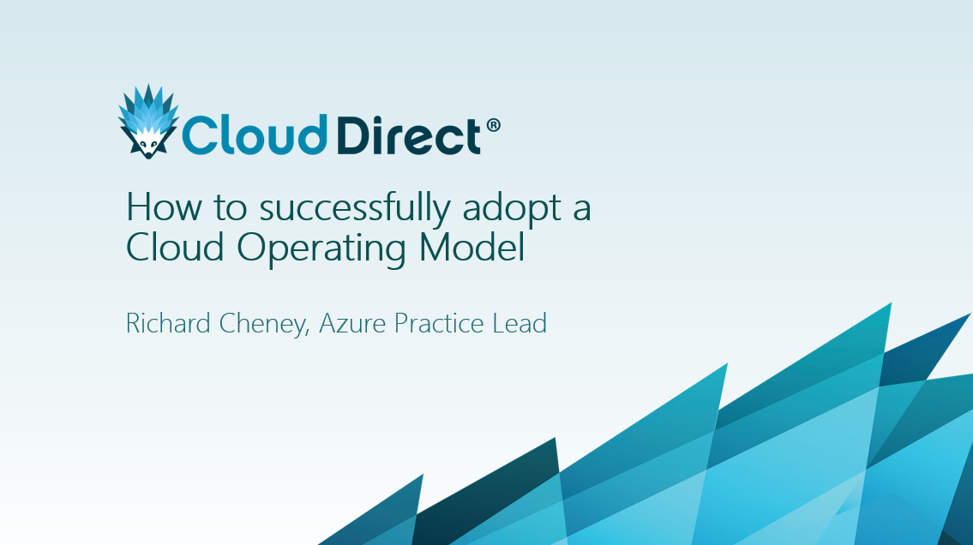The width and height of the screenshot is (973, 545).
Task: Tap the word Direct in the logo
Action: point(408,135)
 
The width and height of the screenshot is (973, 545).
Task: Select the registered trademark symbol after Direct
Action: point(493,126)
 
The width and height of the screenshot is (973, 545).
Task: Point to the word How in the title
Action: point(157,208)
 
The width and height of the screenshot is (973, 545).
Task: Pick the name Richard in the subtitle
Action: point(165,324)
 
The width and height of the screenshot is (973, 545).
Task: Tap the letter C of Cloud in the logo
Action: point(198,135)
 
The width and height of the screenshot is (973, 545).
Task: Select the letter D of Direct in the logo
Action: point(352,135)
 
